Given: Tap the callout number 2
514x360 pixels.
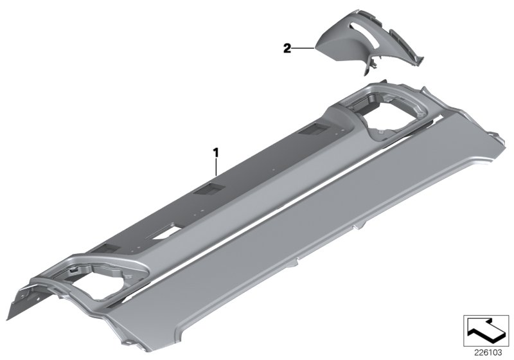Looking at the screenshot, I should [287, 47].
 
